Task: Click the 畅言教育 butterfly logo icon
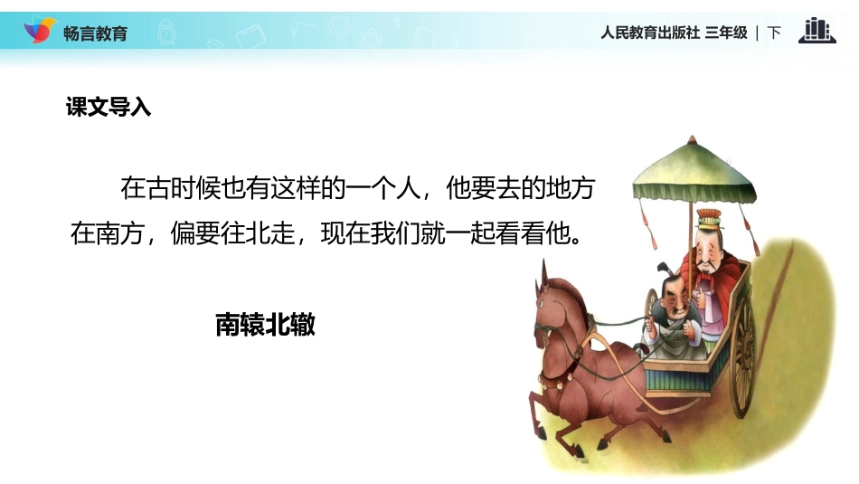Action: point(38,31)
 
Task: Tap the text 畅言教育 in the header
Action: point(96,33)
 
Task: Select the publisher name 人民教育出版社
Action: point(649,33)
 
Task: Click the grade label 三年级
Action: point(726,33)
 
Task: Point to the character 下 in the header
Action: point(774,33)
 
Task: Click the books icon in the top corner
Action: point(817,31)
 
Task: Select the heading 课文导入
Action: point(108,107)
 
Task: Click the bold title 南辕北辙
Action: point(265,325)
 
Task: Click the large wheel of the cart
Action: point(743,356)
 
